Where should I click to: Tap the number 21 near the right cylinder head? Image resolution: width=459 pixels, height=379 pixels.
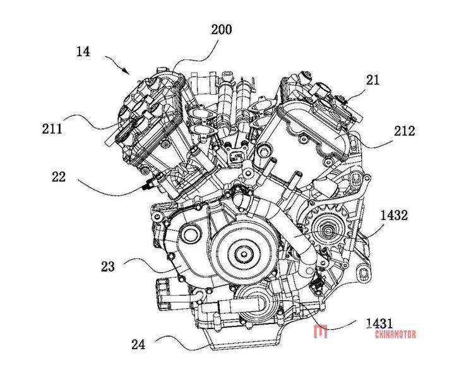coord(373,79)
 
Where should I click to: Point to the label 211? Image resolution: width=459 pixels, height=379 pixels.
coord(52,129)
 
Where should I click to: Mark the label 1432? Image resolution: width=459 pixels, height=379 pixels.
coord(394,215)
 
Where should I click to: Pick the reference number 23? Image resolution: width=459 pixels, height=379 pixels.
coord(108,267)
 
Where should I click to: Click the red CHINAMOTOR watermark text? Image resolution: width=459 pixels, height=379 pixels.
coord(395,334)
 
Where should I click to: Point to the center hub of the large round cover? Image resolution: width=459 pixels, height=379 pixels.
coord(243,255)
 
